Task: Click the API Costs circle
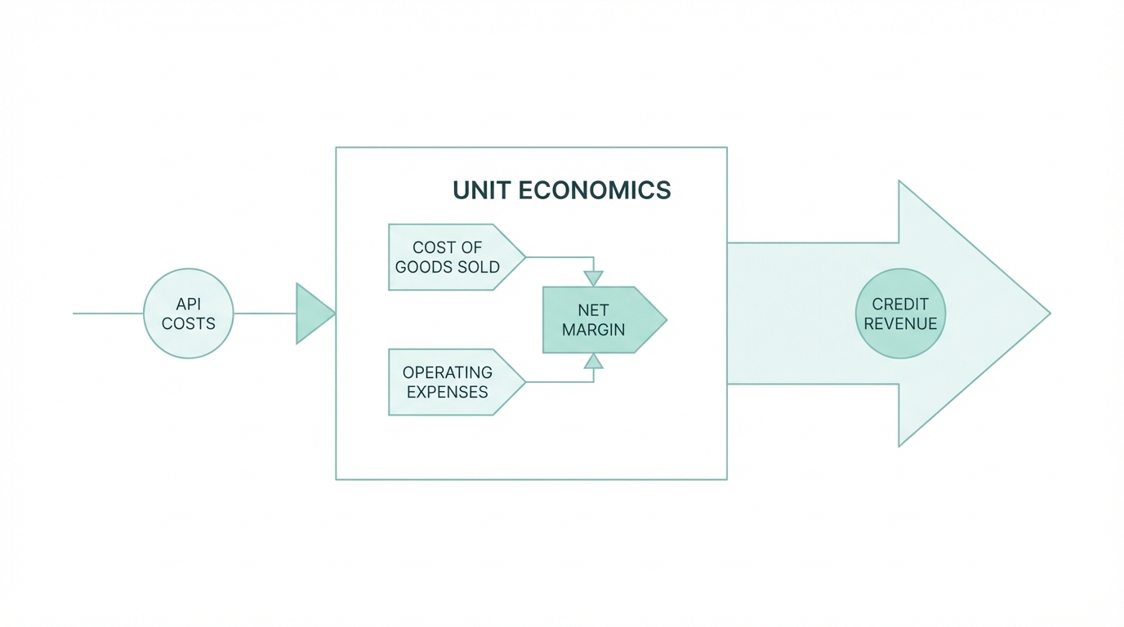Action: coord(189,313)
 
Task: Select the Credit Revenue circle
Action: coord(900,313)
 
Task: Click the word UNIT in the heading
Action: coord(482,190)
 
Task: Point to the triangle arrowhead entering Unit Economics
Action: coord(314,313)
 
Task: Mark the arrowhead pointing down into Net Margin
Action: coord(594,278)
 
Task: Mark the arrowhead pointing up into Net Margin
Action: coord(594,362)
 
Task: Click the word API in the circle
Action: coord(189,304)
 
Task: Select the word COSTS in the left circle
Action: coord(189,323)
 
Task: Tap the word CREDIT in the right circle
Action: coord(900,304)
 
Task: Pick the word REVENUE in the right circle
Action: coord(900,323)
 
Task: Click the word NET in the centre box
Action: coord(593,310)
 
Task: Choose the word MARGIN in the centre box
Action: coord(593,330)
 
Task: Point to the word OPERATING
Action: coord(448,372)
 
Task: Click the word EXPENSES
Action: coord(448,392)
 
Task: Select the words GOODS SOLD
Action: coord(448,267)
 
